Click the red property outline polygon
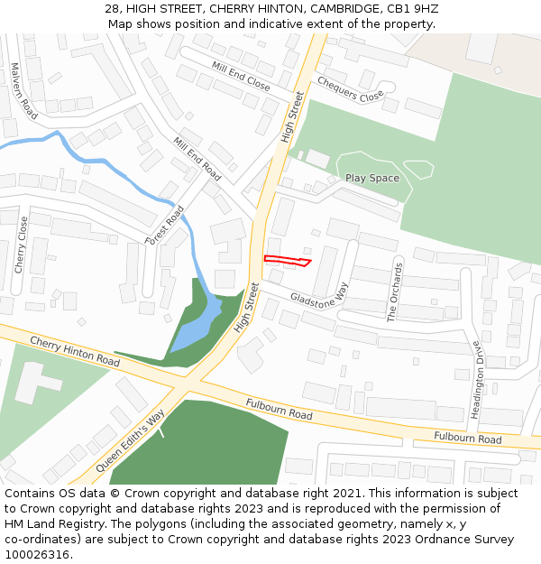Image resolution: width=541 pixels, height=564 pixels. click(x=287, y=261)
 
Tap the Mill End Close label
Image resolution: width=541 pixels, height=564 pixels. click(x=241, y=75)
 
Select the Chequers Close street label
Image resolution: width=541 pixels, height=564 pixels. click(x=351, y=90)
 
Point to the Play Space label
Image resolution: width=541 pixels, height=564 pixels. click(x=371, y=178)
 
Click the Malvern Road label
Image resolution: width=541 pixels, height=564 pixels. click(x=24, y=91)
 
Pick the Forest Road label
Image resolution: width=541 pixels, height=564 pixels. click(x=164, y=224)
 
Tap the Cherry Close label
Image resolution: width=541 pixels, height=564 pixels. click(x=20, y=245)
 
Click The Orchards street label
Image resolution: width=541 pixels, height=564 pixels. click(x=392, y=291)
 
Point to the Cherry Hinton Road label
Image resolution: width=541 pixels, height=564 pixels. click(x=74, y=350)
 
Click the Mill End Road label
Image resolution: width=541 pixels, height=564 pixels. click(x=197, y=159)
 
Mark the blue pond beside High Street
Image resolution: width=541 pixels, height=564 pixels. click(x=200, y=323)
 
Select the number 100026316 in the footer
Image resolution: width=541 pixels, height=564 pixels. click(x=36, y=554)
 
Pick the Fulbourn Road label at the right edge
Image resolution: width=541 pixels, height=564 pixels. click(x=467, y=439)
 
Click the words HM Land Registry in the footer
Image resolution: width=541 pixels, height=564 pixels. click(x=50, y=523)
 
